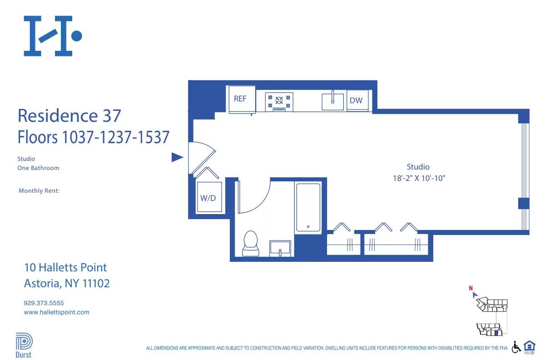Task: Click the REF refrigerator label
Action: pyautogui.click(x=240, y=99)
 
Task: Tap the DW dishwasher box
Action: pyautogui.click(x=357, y=100)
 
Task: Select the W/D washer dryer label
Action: pyautogui.click(x=208, y=198)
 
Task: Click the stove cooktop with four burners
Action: pyautogui.click(x=279, y=102)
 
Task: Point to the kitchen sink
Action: pyautogui.click(x=333, y=101)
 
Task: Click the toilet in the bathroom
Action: pyautogui.click(x=250, y=244)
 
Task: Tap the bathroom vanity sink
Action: pyautogui.click(x=280, y=249)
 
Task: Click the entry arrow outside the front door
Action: pyautogui.click(x=177, y=158)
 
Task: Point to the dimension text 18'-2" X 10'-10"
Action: pyautogui.click(x=419, y=179)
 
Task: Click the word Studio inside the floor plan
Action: pyautogui.click(x=418, y=167)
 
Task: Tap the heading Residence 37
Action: pyautogui.click(x=69, y=115)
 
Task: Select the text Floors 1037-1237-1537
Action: pyautogui.click(x=93, y=137)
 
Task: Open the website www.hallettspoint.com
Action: pyautogui.click(x=56, y=312)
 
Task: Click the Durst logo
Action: pyautogui.click(x=24, y=345)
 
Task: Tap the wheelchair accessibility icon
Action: pyautogui.click(x=516, y=347)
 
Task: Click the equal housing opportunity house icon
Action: pyautogui.click(x=530, y=346)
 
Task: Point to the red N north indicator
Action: pyautogui.click(x=471, y=288)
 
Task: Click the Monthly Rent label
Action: pyautogui.click(x=39, y=191)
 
